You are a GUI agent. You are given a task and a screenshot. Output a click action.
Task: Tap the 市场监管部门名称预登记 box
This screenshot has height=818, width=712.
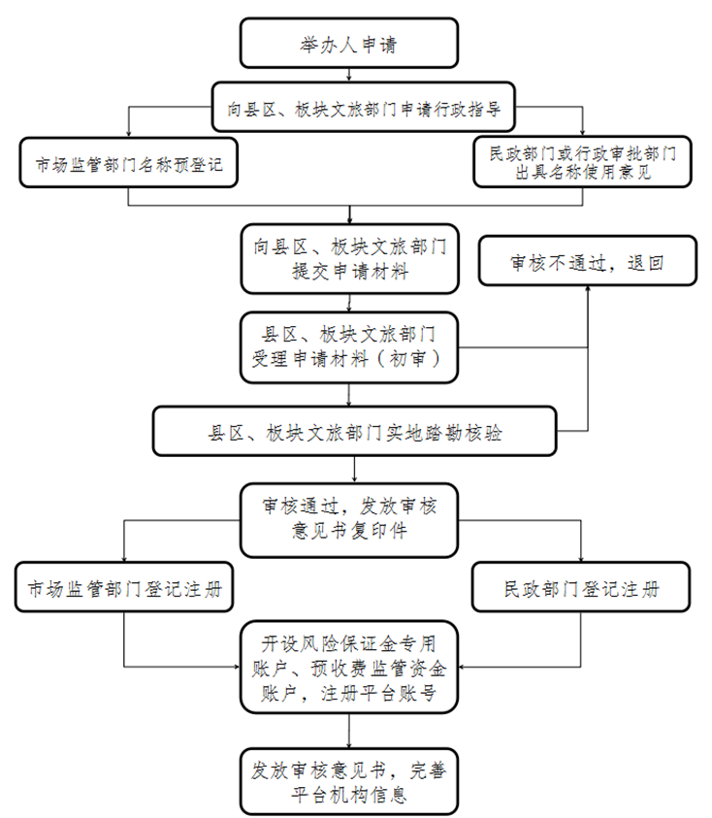tap(128, 163)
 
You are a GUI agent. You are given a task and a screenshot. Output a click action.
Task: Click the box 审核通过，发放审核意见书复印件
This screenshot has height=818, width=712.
tap(349, 519)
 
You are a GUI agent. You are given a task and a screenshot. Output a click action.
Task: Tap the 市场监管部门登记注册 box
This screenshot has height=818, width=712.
tap(124, 587)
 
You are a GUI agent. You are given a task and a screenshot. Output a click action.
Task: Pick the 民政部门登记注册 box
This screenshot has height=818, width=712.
tap(582, 587)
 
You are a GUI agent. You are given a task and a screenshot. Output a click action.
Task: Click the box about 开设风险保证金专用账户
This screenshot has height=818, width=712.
tap(349, 668)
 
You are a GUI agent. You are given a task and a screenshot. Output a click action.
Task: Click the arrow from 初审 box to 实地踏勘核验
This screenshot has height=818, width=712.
tap(349, 394)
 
